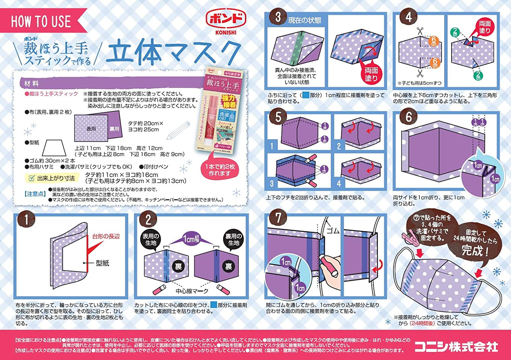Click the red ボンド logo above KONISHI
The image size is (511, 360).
226,19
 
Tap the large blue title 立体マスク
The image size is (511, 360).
173,52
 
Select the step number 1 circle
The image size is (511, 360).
26,220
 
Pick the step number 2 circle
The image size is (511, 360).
148,220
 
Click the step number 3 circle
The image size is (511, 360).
278,17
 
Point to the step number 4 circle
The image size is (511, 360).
408,17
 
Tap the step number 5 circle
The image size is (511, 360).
278,117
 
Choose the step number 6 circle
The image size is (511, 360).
408,117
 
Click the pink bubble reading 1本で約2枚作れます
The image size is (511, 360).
219,170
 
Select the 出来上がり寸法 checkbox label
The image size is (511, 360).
52,178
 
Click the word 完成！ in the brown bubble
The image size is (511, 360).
475,251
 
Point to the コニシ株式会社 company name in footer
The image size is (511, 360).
456,346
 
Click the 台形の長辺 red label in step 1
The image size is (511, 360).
106,236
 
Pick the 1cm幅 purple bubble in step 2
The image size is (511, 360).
191,239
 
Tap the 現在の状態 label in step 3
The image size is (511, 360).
304,21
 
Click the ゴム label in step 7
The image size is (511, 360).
332,231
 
